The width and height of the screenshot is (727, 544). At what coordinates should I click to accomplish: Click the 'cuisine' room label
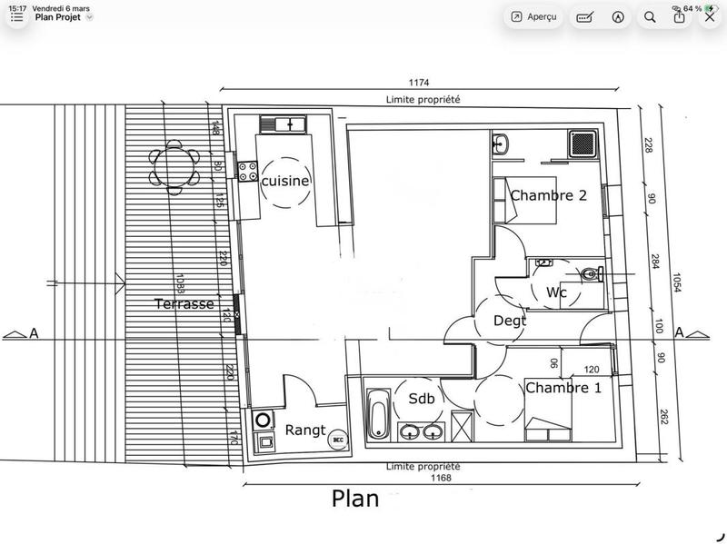(285, 181)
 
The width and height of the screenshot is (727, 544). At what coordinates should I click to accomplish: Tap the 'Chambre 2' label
(548, 195)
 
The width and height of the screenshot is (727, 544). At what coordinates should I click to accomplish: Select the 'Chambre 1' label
(563, 388)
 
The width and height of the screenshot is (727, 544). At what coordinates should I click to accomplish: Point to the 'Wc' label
(557, 292)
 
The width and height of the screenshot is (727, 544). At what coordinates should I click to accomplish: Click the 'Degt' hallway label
(510, 320)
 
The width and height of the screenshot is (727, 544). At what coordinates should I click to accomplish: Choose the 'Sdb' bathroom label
(421, 398)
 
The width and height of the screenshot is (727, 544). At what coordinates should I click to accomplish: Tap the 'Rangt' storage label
(305, 430)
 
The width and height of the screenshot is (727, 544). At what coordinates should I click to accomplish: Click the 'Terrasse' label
(184, 304)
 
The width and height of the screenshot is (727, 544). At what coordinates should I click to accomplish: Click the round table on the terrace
(174, 166)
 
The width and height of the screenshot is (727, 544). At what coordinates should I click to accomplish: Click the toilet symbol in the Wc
(591, 272)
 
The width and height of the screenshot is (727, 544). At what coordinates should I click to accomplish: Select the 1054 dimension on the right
(677, 283)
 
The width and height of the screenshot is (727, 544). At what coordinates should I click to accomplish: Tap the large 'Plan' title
(356, 499)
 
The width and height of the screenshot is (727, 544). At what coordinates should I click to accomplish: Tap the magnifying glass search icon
(650, 16)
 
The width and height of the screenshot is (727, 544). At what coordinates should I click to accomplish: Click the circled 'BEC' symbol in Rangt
(338, 439)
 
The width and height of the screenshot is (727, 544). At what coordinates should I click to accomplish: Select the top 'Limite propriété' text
(423, 99)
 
